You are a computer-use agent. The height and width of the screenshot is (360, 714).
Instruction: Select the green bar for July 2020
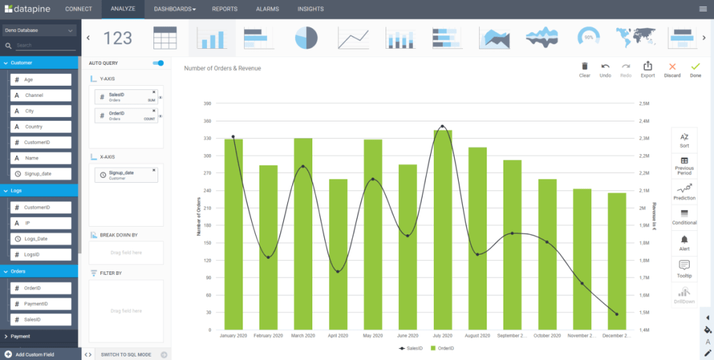coord(442,230)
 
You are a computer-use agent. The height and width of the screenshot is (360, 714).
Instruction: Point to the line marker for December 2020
coord(616,314)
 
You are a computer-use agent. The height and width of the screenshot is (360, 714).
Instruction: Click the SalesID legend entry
coord(411,347)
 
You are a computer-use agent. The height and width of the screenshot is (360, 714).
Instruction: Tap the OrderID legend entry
coord(443,347)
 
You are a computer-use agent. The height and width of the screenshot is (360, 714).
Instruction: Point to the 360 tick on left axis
coord(207,121)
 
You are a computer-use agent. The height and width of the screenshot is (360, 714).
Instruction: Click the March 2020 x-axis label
coord(303,336)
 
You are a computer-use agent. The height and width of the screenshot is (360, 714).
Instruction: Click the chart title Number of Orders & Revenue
coord(222,68)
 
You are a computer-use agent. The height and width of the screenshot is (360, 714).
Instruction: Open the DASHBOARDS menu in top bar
coord(174,9)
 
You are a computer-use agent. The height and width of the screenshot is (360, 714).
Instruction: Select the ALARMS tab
coord(268,9)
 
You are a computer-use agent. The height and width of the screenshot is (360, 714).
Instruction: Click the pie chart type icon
coord(306,38)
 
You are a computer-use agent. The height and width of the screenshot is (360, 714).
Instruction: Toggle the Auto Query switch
coord(158,63)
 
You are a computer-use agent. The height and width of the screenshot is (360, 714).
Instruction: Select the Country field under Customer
coord(41,127)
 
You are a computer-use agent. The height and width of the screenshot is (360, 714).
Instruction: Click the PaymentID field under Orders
coord(41,303)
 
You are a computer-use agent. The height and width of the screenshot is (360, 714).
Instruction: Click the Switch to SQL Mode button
coord(126,354)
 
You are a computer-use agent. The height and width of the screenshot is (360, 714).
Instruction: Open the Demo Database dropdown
coord(40,31)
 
